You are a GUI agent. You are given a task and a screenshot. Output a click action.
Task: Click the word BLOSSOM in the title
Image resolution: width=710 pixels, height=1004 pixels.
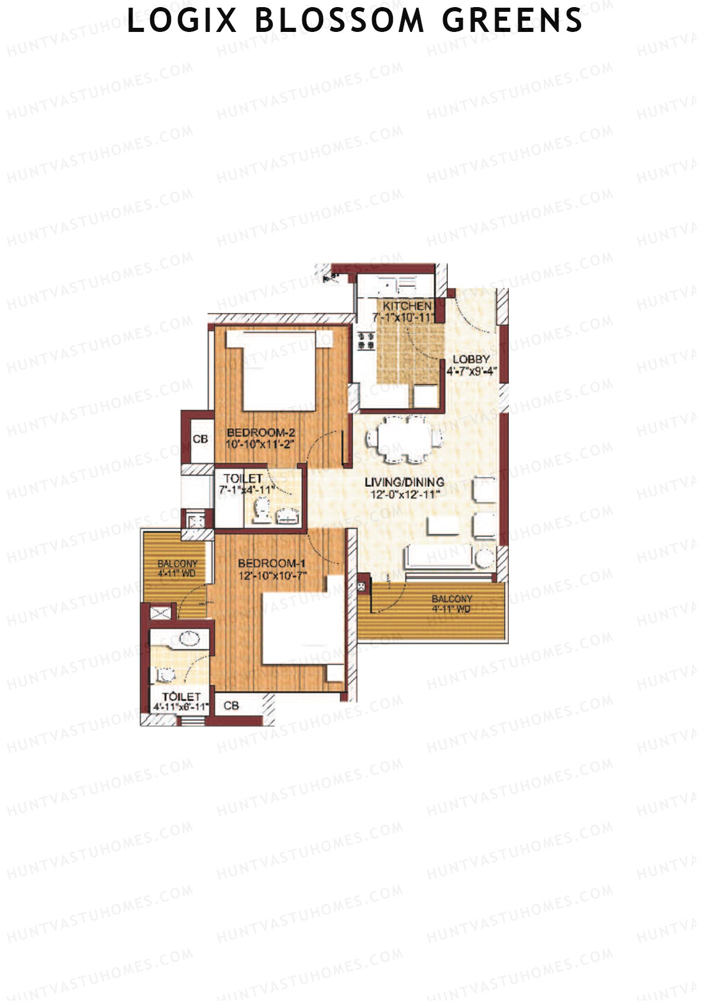(x=340, y=21)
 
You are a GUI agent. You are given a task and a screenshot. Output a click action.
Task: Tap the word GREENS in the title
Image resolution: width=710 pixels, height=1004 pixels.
(x=512, y=21)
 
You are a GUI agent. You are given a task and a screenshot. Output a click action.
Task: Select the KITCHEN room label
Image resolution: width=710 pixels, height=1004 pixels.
(x=407, y=306)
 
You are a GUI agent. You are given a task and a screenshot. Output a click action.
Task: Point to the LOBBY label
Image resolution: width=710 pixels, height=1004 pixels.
(x=471, y=359)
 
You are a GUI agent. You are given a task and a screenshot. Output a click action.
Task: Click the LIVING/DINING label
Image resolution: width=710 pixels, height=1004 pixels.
(x=404, y=482)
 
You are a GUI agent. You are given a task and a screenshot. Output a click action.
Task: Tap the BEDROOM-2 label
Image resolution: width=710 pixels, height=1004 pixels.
(x=260, y=432)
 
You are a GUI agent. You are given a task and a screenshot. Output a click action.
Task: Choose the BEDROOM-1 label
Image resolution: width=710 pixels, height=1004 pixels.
(x=272, y=563)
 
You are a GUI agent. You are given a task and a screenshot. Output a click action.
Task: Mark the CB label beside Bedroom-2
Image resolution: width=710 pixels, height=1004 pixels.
(x=201, y=439)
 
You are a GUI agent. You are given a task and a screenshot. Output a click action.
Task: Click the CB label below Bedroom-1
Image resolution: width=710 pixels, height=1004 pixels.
(x=231, y=706)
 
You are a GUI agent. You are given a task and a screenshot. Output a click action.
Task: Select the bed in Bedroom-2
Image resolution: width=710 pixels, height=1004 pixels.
(x=279, y=372)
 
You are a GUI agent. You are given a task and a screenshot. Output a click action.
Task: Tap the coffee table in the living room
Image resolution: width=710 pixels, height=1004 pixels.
(x=443, y=526)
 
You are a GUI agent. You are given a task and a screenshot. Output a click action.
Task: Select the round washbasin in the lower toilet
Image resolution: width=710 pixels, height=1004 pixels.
(x=189, y=639)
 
